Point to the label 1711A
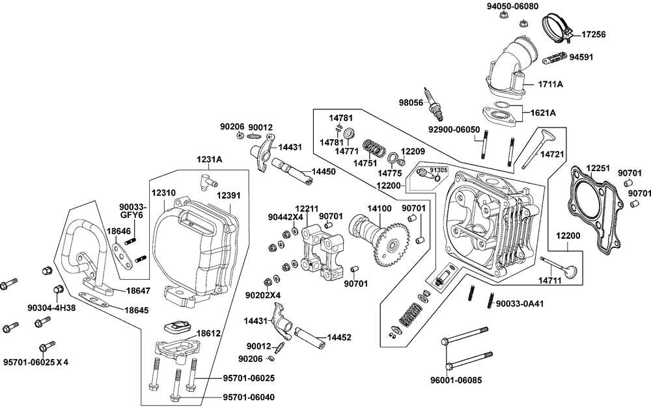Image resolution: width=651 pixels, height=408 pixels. click(550, 85)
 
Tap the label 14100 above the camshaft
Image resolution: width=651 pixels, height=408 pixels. click(380, 209)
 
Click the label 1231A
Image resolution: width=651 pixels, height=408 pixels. click(210, 158)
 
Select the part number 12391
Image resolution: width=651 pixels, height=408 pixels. click(229, 195)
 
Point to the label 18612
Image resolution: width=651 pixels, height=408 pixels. click(208, 333)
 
